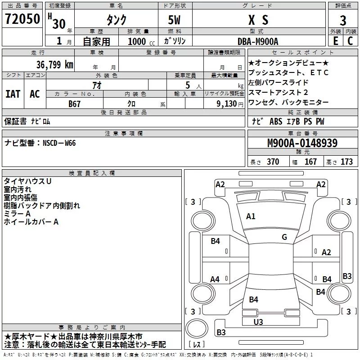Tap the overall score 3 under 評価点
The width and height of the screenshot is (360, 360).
(343, 20)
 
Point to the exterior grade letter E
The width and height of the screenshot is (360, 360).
(335, 40)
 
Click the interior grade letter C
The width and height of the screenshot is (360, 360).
(350, 40)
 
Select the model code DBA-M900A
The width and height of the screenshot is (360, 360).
(258, 41)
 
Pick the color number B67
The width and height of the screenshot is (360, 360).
(75, 103)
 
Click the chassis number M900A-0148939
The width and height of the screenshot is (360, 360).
(302, 143)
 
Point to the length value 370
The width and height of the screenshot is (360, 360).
(273, 162)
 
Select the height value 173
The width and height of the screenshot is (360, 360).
(346, 162)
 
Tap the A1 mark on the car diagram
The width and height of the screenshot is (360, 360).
(251, 216)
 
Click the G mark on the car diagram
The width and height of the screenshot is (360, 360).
(284, 237)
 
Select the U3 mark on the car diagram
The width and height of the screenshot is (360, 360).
(258, 322)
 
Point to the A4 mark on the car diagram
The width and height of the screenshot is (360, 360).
(215, 279)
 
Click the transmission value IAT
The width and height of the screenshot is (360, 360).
(13, 94)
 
